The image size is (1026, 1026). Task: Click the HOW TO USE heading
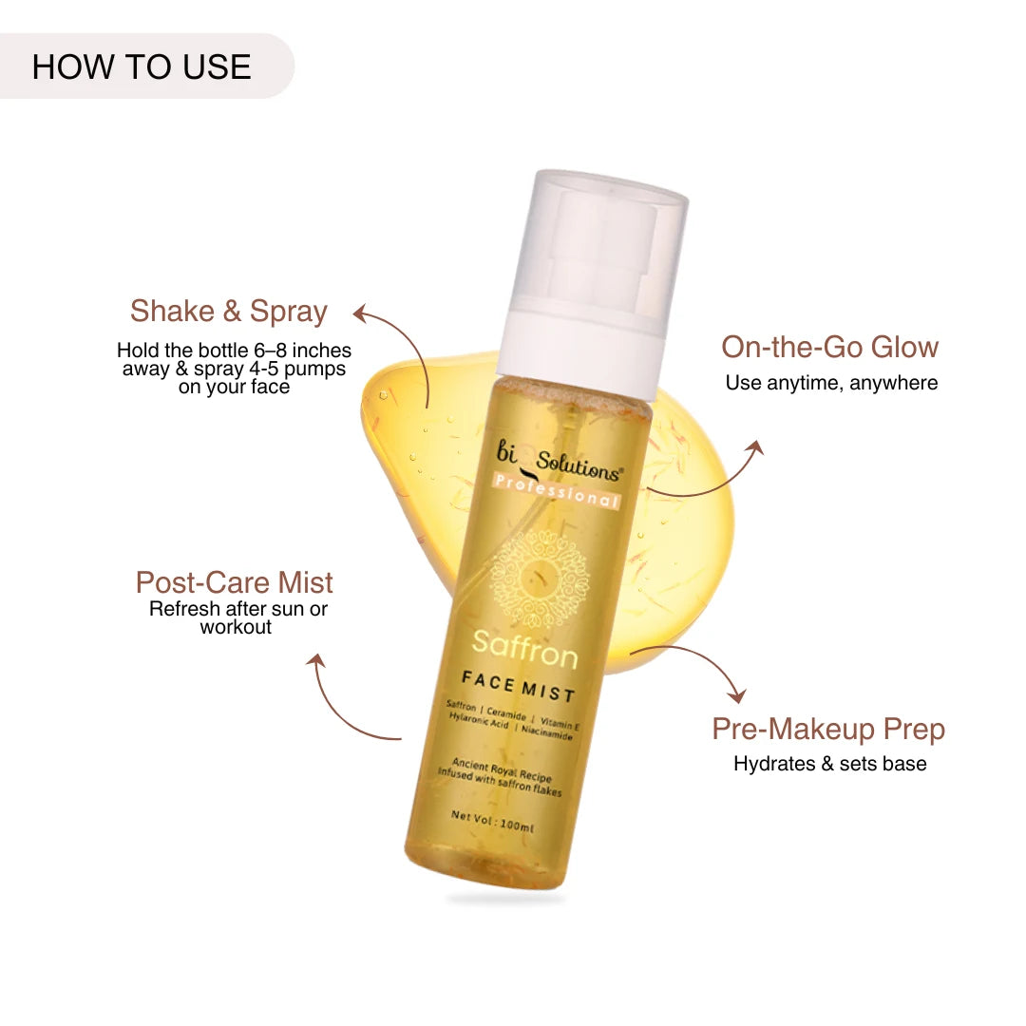coord(142,66)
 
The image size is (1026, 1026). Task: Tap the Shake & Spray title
coord(228,312)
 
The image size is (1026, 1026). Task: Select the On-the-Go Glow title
coord(829,347)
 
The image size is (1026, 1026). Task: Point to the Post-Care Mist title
coord(235,582)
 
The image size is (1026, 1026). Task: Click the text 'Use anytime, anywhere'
coord(831,383)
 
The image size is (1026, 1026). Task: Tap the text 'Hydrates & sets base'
coord(829,764)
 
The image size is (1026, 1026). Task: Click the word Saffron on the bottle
coord(524,650)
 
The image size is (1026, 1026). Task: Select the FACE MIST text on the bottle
coord(519,687)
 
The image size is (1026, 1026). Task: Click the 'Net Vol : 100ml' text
coord(493,821)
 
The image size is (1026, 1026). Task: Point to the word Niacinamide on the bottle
coord(547,732)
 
